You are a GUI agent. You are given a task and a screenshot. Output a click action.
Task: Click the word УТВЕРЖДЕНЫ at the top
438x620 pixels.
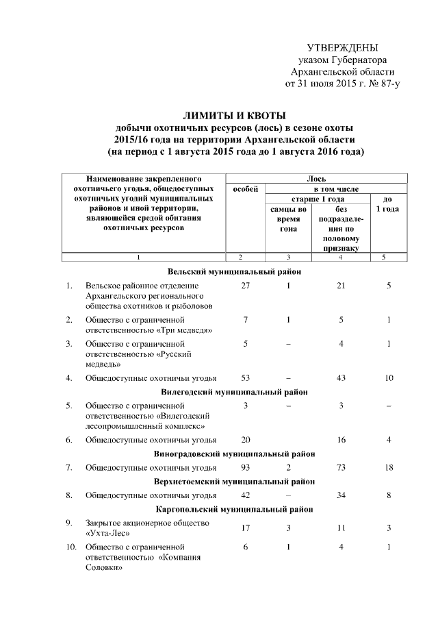342,48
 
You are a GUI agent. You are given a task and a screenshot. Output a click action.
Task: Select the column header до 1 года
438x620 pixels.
387,203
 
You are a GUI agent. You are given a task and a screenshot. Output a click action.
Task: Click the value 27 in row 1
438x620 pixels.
246,285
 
